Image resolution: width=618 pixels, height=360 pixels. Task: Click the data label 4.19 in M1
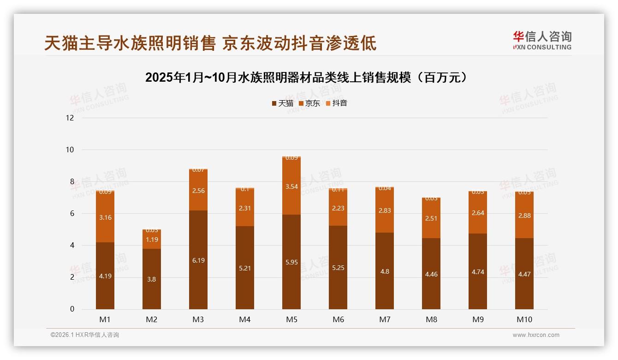click(105, 276)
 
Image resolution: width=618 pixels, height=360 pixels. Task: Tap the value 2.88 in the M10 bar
click(524, 215)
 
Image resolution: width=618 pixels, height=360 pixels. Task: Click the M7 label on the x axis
click(385, 319)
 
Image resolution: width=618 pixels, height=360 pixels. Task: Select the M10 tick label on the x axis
click(524, 319)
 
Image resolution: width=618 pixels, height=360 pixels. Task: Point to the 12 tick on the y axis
click(70, 118)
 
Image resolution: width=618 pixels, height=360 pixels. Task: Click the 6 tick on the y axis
click(71, 213)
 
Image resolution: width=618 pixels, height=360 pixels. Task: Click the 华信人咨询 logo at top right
click(542, 40)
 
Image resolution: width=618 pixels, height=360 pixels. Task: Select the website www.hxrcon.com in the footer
click(536, 335)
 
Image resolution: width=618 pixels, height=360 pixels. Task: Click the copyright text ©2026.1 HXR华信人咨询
click(84, 335)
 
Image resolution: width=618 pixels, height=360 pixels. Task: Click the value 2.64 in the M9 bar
click(478, 213)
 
